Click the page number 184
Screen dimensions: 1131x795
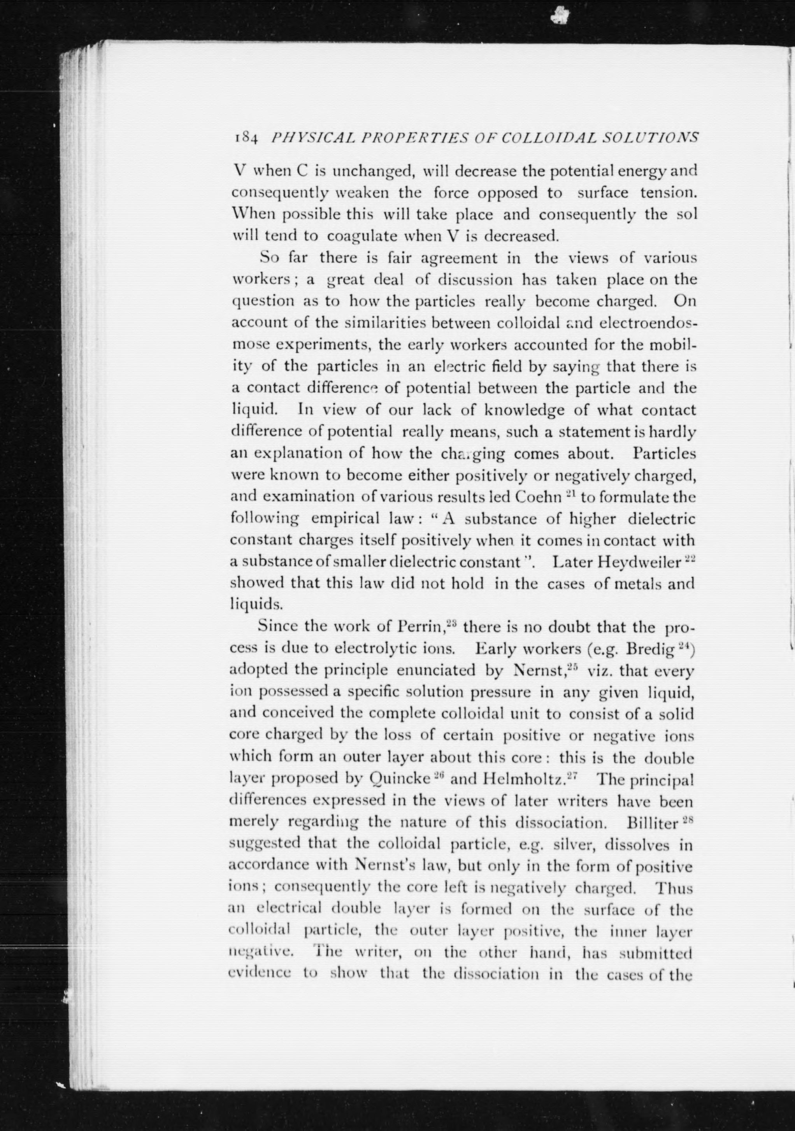(244, 139)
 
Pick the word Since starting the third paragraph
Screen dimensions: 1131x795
(278, 628)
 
